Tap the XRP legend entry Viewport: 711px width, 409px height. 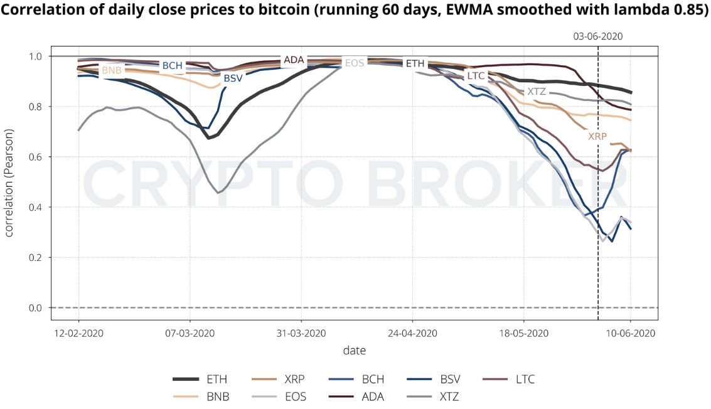[294, 379]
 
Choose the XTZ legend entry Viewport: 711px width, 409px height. [449, 396]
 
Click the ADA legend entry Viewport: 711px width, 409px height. [372, 396]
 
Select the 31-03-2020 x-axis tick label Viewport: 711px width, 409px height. [301, 333]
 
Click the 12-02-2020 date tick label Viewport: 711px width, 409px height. [78, 333]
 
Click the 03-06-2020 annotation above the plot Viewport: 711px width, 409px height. [597, 36]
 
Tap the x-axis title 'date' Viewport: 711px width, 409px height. [354, 351]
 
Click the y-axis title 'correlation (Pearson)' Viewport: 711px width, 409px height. [9, 181]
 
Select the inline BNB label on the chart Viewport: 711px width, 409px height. [112, 71]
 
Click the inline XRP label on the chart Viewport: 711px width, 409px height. [597, 136]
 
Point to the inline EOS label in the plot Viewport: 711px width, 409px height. [354, 63]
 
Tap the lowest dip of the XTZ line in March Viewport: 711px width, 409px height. [218, 193]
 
